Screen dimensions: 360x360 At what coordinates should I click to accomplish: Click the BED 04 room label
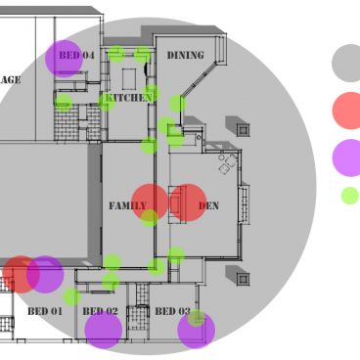tap(76, 56)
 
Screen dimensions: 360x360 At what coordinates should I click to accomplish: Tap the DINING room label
tap(185, 56)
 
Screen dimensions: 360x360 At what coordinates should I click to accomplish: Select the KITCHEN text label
tap(128, 98)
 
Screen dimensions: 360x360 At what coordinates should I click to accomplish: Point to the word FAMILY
tap(127, 206)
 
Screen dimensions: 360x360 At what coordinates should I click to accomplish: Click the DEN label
tap(208, 206)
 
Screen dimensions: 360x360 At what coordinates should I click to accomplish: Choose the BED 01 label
tap(44, 312)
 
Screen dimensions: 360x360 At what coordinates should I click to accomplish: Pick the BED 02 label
tap(100, 312)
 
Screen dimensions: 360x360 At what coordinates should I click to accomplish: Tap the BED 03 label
tap(172, 312)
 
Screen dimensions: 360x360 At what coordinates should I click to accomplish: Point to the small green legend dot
tap(349, 196)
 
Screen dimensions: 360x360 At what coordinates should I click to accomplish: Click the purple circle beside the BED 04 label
tap(64, 59)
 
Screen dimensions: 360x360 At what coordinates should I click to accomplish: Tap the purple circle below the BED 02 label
tap(103, 331)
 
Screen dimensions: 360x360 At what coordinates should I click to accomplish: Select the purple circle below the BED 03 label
tap(196, 331)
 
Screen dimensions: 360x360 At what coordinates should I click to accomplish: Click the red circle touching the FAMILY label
tap(150, 202)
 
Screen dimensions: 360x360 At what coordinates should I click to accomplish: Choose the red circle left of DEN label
tap(187, 202)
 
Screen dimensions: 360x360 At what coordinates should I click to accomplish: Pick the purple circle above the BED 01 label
tap(45, 275)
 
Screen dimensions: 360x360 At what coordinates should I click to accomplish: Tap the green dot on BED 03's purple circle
tap(197, 317)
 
